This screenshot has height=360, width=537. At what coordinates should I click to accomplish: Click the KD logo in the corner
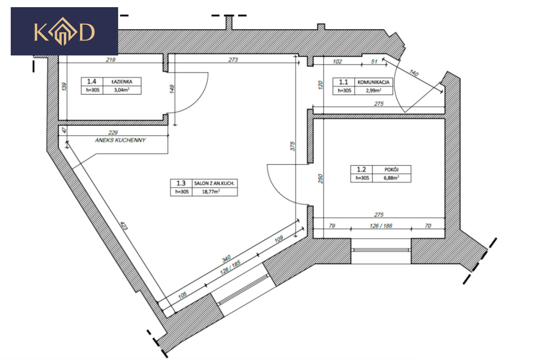(64, 31)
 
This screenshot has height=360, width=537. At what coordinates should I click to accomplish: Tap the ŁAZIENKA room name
(122, 82)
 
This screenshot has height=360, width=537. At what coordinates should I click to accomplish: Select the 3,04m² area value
(122, 90)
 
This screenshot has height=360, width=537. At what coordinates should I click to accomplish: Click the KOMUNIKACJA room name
(373, 82)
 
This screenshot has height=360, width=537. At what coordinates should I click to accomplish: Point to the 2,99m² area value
(373, 90)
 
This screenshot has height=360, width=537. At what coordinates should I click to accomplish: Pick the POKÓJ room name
(392, 169)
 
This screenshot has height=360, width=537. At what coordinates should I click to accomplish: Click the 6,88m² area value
(392, 178)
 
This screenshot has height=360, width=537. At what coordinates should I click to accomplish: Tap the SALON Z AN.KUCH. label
(214, 183)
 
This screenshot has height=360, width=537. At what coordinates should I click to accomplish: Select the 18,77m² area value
(211, 191)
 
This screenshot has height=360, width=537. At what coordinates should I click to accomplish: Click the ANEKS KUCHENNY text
(120, 140)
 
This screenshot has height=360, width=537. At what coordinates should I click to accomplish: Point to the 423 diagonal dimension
(124, 226)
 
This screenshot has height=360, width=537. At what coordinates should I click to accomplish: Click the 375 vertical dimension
(293, 146)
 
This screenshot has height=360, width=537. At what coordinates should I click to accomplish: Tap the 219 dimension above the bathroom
(111, 59)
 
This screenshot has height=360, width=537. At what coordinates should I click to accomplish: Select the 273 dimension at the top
(233, 59)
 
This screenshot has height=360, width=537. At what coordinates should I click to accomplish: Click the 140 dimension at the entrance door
(414, 73)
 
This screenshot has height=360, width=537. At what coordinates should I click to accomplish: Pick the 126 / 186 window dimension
(381, 226)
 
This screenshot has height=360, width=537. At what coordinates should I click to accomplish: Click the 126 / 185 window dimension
(230, 267)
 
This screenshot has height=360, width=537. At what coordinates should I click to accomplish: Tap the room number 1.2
(361, 169)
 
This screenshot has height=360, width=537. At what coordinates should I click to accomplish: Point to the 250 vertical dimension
(320, 179)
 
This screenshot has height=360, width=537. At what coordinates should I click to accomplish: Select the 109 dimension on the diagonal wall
(278, 239)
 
